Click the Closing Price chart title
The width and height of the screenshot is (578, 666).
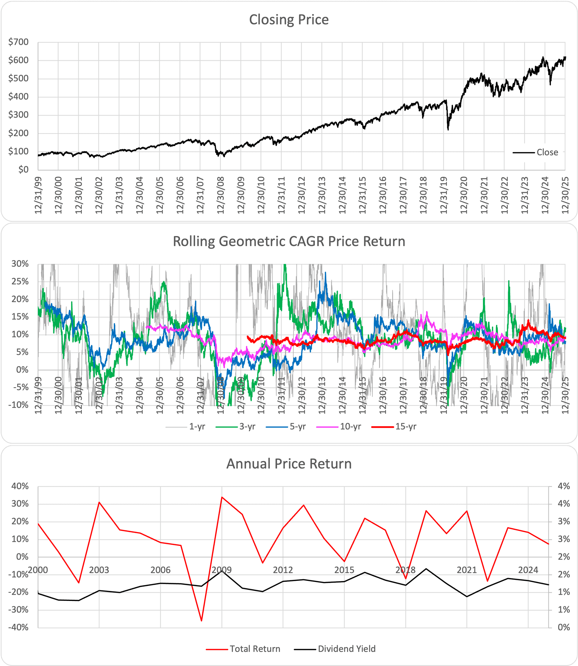[x=289, y=20]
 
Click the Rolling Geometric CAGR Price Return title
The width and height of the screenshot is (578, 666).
[x=289, y=241]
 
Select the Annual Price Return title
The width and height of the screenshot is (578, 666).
[x=289, y=464]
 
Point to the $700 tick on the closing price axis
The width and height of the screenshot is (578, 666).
[x=19, y=42]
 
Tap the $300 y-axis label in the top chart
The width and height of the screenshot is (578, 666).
[x=19, y=115]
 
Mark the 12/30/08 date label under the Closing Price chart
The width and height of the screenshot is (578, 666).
[x=221, y=195]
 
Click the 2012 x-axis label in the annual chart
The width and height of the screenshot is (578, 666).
[x=283, y=570]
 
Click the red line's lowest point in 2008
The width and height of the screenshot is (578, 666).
[x=201, y=621]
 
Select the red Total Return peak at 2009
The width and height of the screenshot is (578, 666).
[x=222, y=497]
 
